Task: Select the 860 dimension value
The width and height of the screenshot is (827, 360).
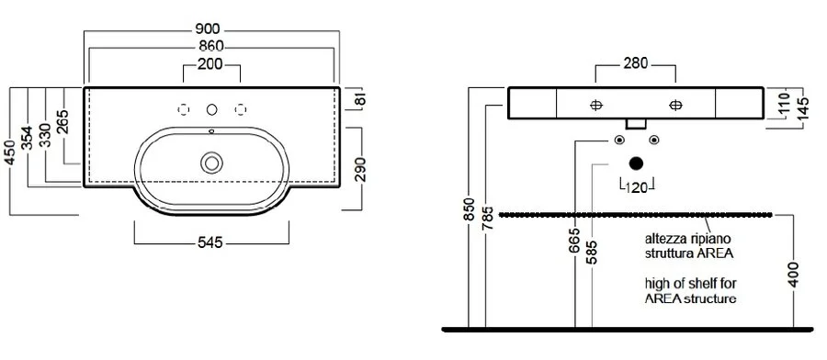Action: (x=212, y=45)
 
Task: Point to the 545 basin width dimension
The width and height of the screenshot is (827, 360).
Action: (x=212, y=242)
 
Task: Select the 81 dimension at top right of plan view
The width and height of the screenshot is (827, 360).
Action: (x=360, y=98)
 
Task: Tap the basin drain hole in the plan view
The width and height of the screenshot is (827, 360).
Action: (x=212, y=163)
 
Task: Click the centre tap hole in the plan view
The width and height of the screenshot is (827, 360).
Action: (x=212, y=109)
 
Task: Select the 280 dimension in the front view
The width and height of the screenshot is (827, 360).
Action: (x=636, y=64)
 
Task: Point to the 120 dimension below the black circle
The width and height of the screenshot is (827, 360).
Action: (x=636, y=189)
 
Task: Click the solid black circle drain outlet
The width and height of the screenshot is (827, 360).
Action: (x=636, y=165)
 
